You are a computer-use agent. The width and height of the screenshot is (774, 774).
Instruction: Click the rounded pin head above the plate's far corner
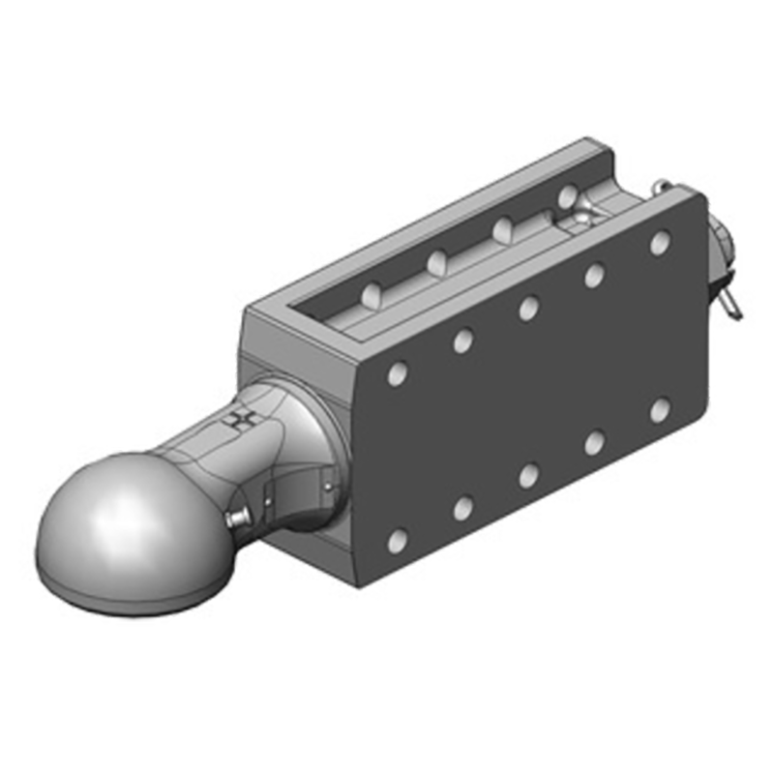[661, 186]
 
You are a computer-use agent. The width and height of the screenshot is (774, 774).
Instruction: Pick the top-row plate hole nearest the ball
[397, 372]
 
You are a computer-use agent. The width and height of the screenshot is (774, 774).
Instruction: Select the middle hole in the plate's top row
[528, 308]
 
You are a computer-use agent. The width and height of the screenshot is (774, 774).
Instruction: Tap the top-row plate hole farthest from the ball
[660, 242]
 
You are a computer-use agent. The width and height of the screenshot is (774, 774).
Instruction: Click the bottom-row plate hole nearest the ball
[397, 540]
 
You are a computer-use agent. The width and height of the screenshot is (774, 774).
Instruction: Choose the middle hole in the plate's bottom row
[528, 475]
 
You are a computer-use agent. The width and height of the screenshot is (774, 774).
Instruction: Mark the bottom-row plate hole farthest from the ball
[660, 410]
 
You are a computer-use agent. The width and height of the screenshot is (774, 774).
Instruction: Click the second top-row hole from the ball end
[462, 340]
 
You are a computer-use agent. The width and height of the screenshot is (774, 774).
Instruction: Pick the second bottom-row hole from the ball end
[462, 507]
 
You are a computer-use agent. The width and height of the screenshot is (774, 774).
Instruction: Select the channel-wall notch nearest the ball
[371, 292]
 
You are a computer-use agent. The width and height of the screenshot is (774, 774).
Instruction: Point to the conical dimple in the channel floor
[580, 221]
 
